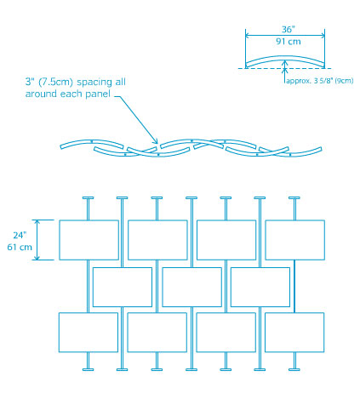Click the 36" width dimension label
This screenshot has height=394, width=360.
tap(289, 29)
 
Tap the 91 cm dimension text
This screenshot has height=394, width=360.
tap(289, 42)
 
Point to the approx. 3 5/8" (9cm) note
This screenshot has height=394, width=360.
tap(320, 81)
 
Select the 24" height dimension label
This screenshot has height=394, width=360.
tap(20, 235)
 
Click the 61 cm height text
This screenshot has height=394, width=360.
tap(20, 247)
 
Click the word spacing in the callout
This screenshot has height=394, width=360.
tap(94, 83)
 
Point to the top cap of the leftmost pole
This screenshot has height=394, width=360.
tap(88, 197)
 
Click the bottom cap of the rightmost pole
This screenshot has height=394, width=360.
tap(294, 369)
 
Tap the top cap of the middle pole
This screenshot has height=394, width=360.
tap(191, 197)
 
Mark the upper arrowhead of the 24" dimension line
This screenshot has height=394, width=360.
tap(37, 222)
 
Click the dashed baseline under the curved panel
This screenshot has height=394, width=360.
tap(284, 68)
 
